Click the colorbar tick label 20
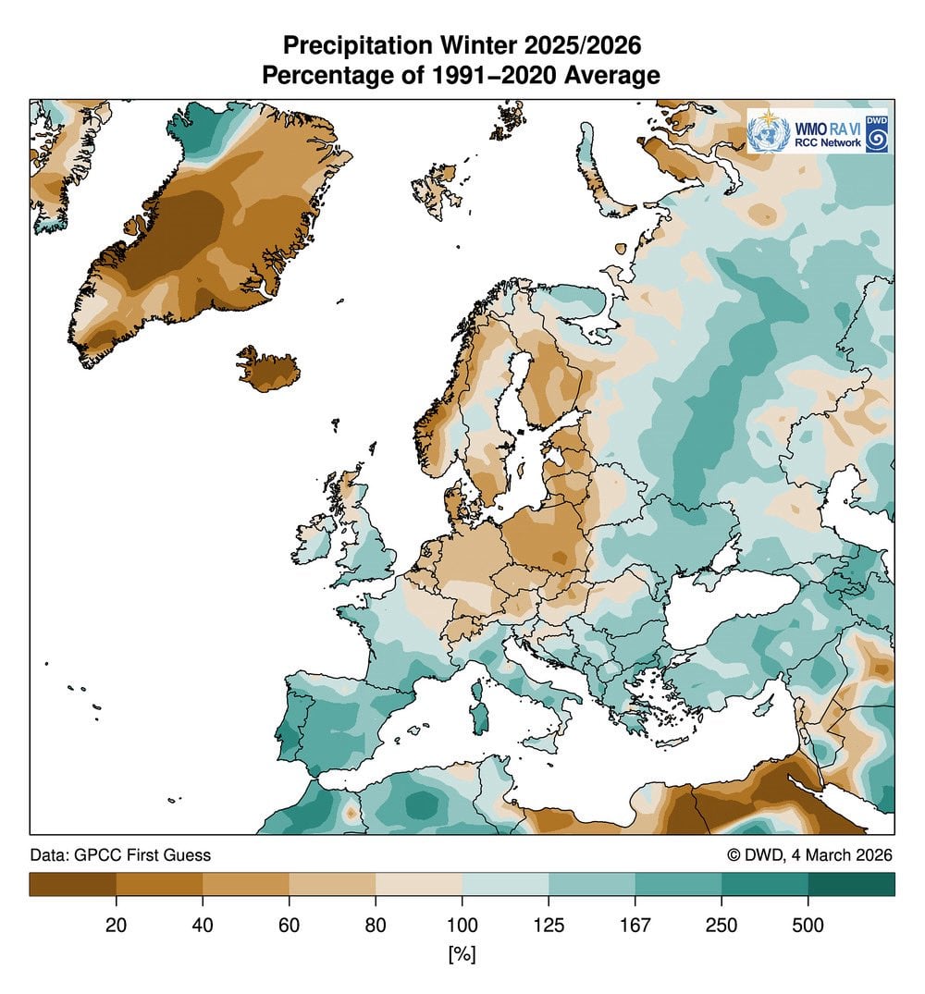tap(116, 926)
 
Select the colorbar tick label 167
tap(635, 926)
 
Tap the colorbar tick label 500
tap(808, 926)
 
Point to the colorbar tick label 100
tap(462, 926)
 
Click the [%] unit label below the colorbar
tap(462, 953)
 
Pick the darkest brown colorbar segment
tap(72, 885)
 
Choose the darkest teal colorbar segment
tap(851, 885)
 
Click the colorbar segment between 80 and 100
tap(418, 885)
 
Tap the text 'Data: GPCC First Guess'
tap(120, 855)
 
